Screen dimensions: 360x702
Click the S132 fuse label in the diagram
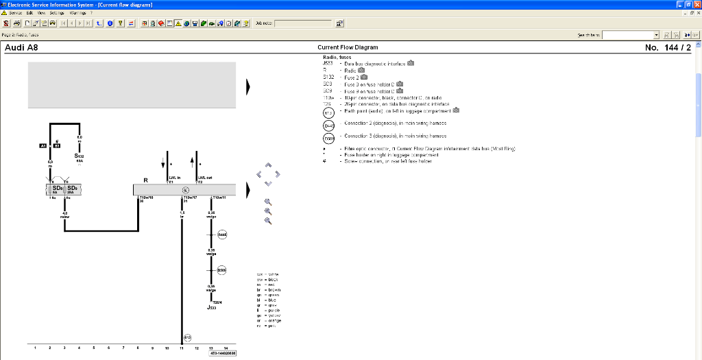coord(80,156)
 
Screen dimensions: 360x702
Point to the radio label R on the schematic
coord(145,180)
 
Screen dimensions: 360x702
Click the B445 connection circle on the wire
coord(222,235)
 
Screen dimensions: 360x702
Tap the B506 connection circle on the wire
coord(222,270)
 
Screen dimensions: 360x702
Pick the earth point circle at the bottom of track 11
coord(187,337)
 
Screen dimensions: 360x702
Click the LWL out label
coord(204,177)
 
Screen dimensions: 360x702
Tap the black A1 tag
coord(43,145)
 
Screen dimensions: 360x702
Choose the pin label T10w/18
coord(146,197)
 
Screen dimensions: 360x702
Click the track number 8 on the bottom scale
coord(138,348)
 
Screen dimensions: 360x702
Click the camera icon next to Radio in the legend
coord(361,70)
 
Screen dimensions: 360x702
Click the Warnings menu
coord(77,13)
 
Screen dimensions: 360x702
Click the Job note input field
coord(303,23)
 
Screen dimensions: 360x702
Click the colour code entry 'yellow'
coord(268,315)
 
